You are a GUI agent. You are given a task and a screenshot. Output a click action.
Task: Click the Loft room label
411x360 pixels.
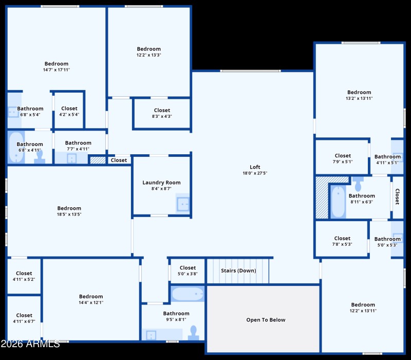pyautogui.click(x=255, y=167)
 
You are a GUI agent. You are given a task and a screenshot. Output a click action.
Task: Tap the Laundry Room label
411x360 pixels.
pyautogui.click(x=161, y=183)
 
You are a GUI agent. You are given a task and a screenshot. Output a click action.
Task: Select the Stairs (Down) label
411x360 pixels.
pyautogui.click(x=238, y=271)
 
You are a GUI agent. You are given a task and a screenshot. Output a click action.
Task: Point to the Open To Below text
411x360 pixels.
pyautogui.click(x=266, y=320)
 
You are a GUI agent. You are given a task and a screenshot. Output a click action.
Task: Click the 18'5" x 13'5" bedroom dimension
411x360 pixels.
pyautogui.click(x=69, y=214)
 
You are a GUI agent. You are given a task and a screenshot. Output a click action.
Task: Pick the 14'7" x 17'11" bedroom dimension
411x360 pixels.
pyautogui.click(x=57, y=70)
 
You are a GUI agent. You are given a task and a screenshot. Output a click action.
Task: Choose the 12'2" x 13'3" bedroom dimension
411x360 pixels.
pyautogui.click(x=148, y=55)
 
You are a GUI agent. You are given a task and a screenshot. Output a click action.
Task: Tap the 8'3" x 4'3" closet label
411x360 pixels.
pyautogui.click(x=162, y=116)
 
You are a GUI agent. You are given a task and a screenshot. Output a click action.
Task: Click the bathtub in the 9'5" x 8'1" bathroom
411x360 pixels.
pyautogui.click(x=188, y=295)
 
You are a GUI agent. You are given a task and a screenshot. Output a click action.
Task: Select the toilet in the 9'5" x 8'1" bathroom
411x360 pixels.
pyautogui.click(x=194, y=334)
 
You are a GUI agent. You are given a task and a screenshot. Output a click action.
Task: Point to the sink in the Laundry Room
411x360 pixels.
pyautogui.click(x=183, y=204)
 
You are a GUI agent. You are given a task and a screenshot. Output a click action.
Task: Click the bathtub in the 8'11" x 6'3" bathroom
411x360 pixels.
pyautogui.click(x=338, y=202)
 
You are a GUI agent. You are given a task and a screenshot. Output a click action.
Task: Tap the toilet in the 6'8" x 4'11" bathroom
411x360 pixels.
pyautogui.click(x=40, y=157)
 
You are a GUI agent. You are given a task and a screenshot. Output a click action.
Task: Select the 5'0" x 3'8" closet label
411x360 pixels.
pyautogui.click(x=188, y=274)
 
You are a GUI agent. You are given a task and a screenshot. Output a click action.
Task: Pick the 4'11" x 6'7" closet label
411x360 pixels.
pyautogui.click(x=24, y=321)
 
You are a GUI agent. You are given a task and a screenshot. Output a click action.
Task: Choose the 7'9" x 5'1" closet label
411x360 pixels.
pyautogui.click(x=343, y=161)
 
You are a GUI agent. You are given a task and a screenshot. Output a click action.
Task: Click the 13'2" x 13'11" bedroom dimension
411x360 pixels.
pyautogui.click(x=359, y=98)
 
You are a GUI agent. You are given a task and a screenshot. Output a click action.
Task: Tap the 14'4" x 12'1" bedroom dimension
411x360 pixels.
pyautogui.click(x=91, y=302)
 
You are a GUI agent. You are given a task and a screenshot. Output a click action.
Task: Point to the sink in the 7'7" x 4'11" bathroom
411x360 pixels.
pyautogui.click(x=71, y=158)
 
